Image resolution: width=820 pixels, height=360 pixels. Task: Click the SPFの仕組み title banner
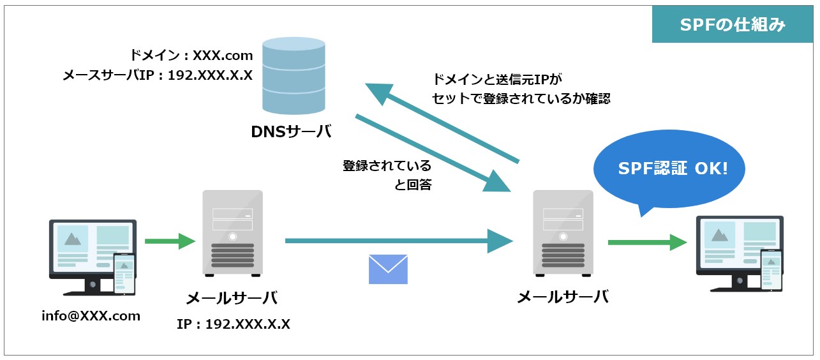coord(731,26)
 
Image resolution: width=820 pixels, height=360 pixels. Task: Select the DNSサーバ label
coord(291,131)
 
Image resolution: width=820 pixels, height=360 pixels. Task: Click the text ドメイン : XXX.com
coord(191,56)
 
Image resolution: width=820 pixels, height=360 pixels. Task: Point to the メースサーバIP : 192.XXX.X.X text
coord(158,75)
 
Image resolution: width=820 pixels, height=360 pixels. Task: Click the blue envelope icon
coord(388,269)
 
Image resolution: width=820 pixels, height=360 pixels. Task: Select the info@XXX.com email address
coord(91,315)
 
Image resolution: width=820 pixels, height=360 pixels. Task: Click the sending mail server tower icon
coord(232,233)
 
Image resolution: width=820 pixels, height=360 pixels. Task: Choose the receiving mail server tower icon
coord(563,233)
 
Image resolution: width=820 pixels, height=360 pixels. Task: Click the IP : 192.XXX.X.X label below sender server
coord(233,324)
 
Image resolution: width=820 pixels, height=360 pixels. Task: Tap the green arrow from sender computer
coord(170,241)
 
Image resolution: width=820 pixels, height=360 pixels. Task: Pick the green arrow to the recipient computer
coord(647,242)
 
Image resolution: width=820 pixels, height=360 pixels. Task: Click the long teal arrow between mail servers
coord(399,241)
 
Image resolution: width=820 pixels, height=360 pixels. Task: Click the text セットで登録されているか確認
coord(521,99)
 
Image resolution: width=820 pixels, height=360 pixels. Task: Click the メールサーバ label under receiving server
coord(562,297)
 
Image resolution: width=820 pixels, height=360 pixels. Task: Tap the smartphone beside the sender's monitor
coord(124,273)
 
